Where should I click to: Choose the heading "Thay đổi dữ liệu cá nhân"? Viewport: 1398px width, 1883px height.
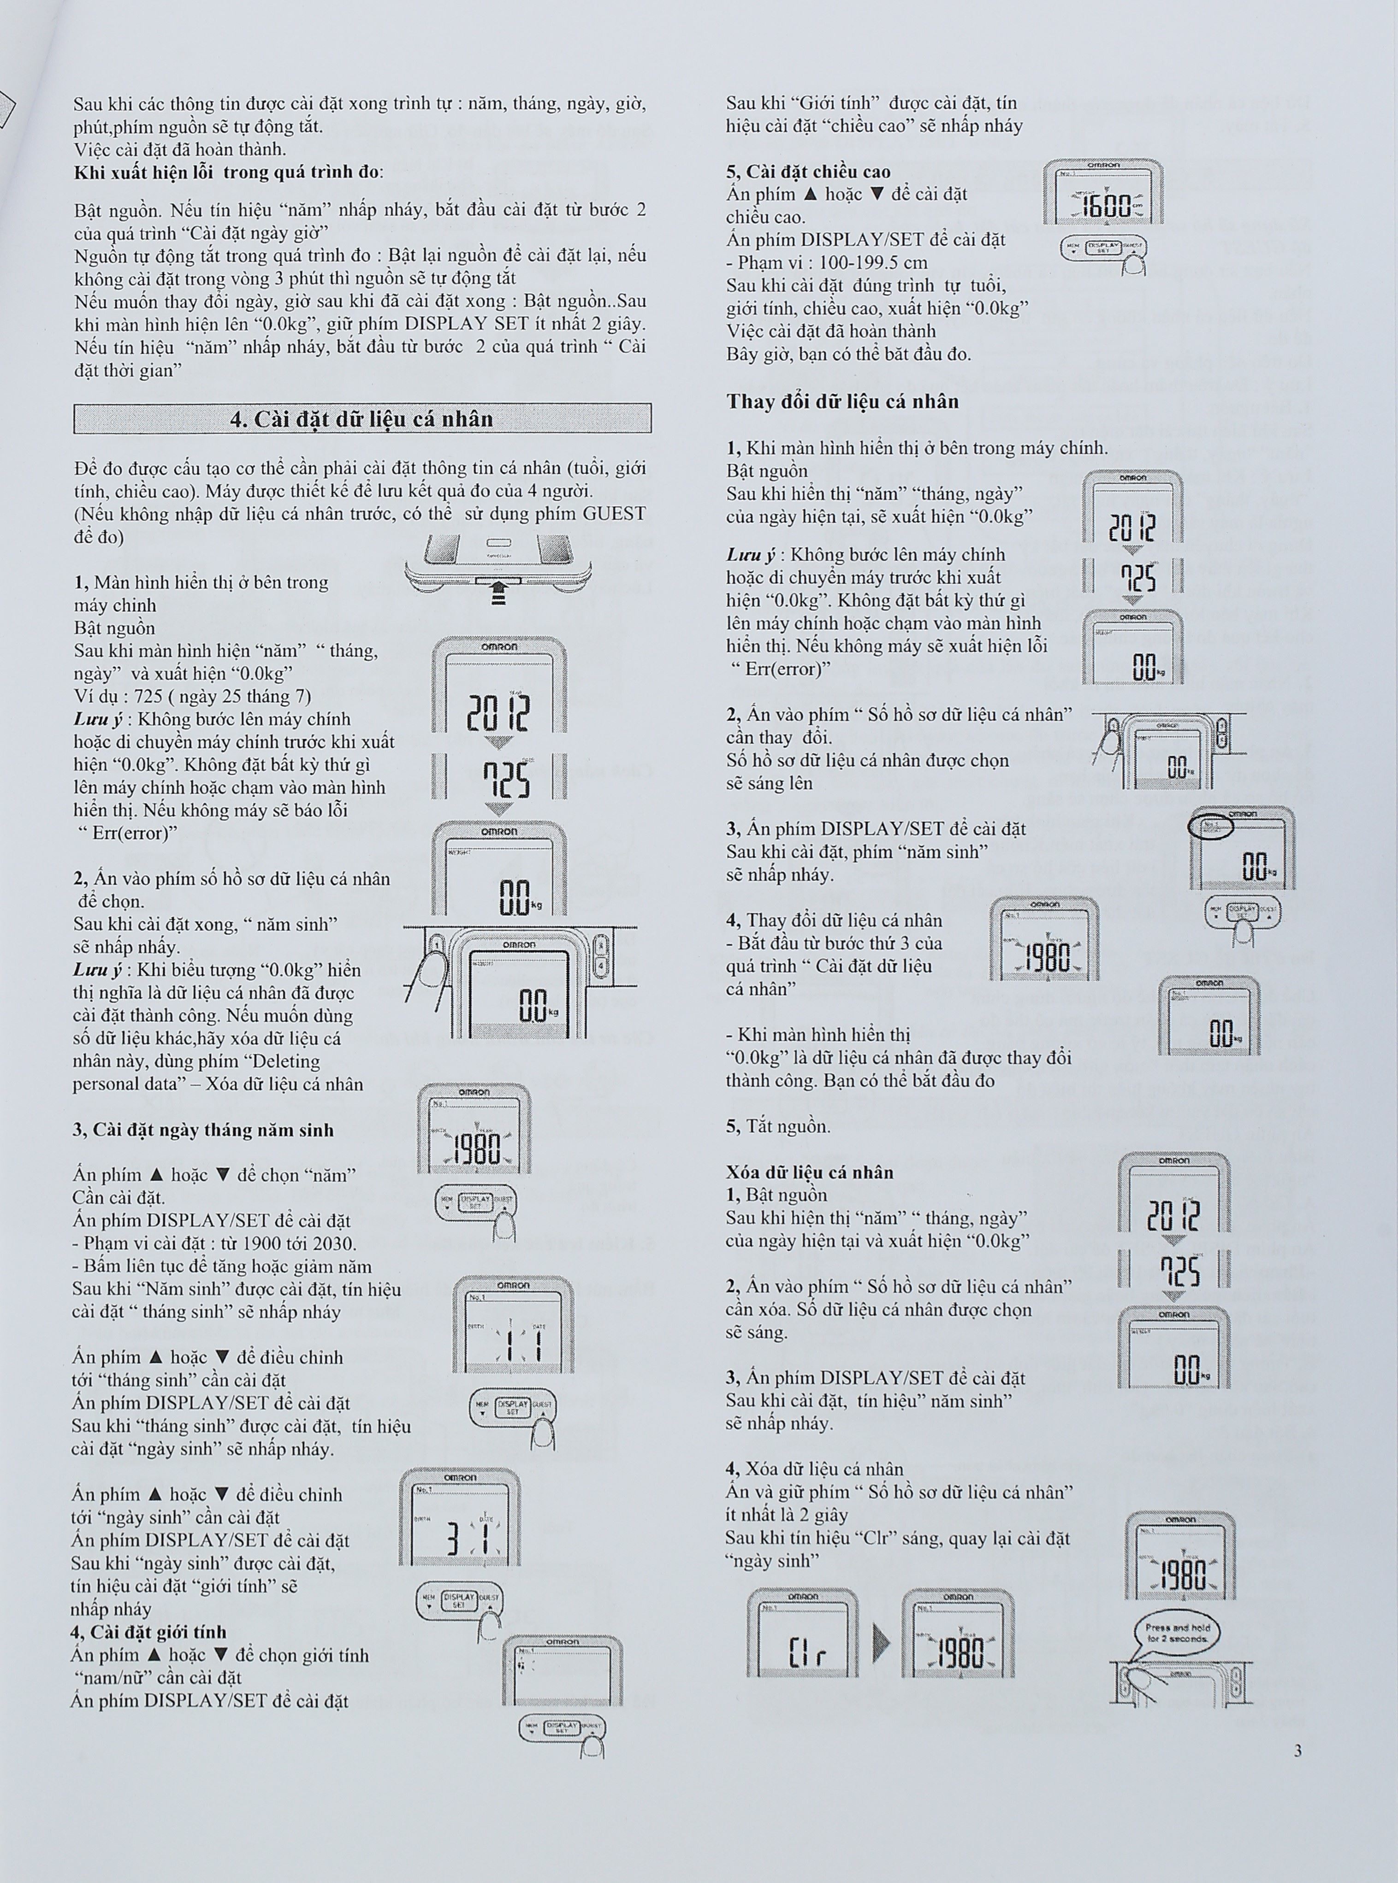click(842, 401)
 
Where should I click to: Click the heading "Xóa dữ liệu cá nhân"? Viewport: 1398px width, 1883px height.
click(809, 1172)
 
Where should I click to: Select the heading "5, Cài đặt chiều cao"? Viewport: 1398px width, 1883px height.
click(808, 172)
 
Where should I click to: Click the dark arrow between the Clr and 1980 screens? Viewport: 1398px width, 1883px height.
click(881, 1644)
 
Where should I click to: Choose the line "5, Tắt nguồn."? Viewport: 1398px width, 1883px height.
click(778, 1126)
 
